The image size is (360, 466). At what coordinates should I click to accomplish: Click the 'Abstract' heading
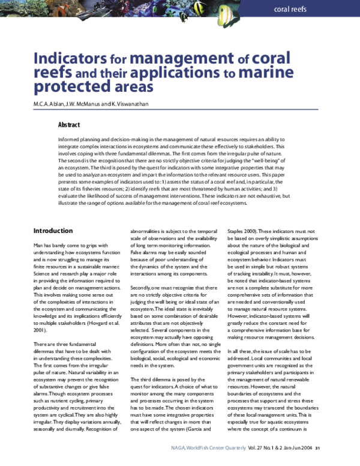coord(70,125)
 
